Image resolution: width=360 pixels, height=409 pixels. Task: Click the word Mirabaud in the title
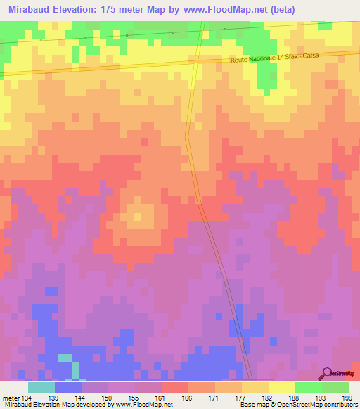34,9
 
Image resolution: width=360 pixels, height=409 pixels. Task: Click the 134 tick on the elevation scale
27,397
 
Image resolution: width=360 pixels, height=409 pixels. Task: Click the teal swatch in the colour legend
41,387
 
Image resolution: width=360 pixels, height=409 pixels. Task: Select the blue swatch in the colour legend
68,387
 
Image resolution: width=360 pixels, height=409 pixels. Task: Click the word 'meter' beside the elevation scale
11,397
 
